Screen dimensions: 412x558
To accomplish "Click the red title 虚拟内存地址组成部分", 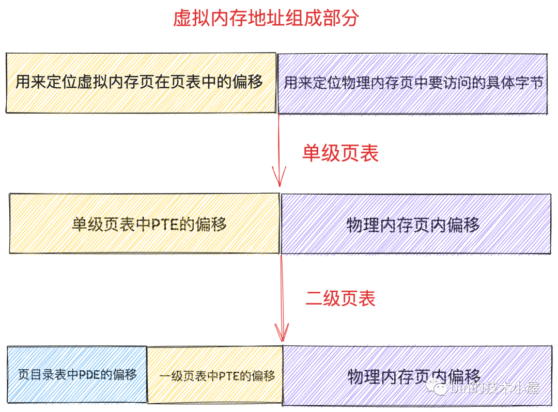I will click(266, 19).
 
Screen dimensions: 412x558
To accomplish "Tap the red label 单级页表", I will click(340, 153).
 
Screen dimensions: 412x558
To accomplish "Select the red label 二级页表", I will click(340, 298).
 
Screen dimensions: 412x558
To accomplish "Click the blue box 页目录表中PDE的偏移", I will click(77, 375).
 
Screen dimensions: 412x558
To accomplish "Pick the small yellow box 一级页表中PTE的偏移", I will click(215, 375).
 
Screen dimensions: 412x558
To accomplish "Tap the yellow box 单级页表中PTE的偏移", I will click(145, 224).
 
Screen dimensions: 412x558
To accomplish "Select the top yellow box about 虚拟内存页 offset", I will click(141, 83).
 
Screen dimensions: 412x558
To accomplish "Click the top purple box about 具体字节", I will click(412, 83).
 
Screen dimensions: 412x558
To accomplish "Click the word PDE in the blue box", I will click(89, 375).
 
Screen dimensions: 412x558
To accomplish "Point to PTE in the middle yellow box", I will click(163, 224).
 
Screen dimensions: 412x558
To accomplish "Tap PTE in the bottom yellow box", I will click(228, 376).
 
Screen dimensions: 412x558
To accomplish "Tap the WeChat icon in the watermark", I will click(442, 388).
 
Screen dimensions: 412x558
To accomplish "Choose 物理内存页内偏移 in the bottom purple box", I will click(414, 376).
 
